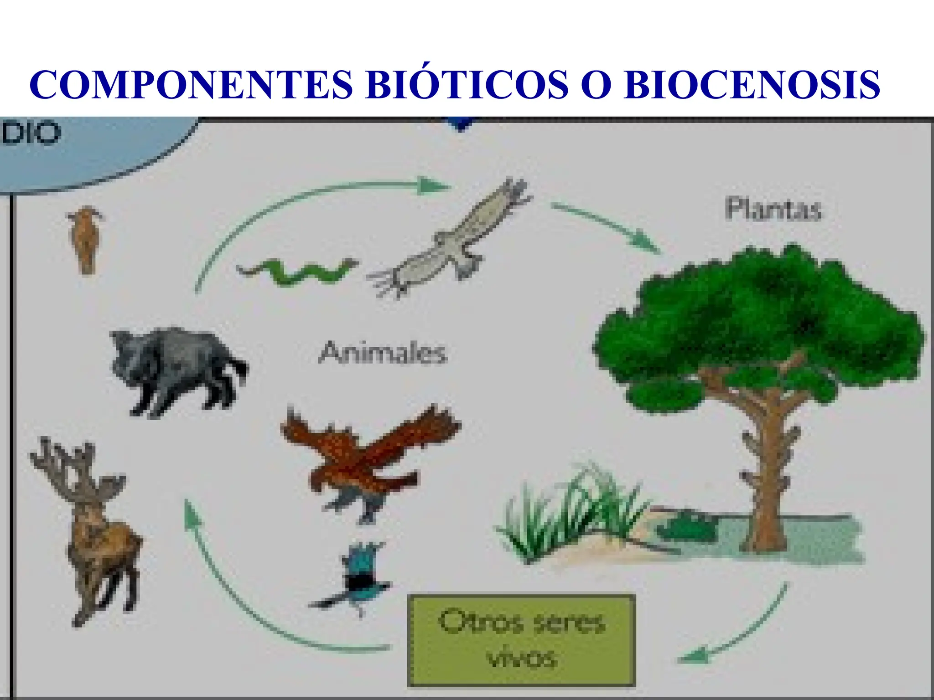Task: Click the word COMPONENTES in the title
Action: pos(192,85)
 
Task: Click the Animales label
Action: pos(382,353)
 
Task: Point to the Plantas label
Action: pos(773,210)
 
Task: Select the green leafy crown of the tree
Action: pos(757,319)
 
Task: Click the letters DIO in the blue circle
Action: pos(30,133)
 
